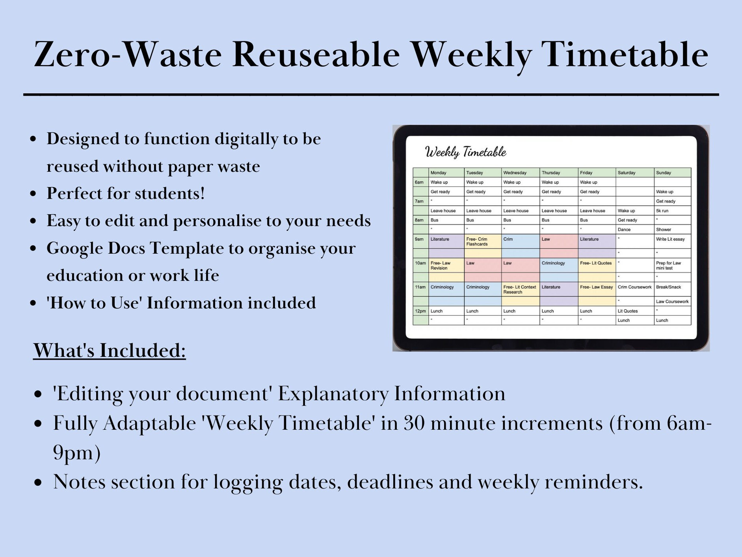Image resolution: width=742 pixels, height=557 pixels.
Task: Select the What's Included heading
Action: tap(109, 350)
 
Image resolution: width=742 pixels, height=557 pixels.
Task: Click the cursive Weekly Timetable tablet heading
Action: tap(465, 152)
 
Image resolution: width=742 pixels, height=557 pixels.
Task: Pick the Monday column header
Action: tap(438, 173)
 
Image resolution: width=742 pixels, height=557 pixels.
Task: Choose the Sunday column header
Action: tap(664, 173)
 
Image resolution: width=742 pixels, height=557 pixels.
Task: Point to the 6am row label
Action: tap(419, 182)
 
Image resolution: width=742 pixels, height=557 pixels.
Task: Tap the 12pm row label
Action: tap(420, 311)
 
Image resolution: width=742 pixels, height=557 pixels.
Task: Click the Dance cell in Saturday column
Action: tap(624, 229)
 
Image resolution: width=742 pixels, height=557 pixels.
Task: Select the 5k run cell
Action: tap(662, 210)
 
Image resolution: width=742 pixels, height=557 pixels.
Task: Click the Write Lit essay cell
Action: tap(670, 239)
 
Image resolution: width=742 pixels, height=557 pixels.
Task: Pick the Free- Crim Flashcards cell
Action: tap(477, 241)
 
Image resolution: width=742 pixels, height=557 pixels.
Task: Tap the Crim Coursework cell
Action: tap(634, 287)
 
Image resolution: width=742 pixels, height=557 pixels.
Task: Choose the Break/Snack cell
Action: tap(668, 287)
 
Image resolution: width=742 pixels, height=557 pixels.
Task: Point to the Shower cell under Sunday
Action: tap(664, 229)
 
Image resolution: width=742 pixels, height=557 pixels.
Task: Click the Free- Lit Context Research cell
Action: tap(519, 290)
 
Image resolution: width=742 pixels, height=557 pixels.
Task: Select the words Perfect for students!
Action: tap(126, 193)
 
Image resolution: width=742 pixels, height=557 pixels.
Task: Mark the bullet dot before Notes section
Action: tap(38, 483)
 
